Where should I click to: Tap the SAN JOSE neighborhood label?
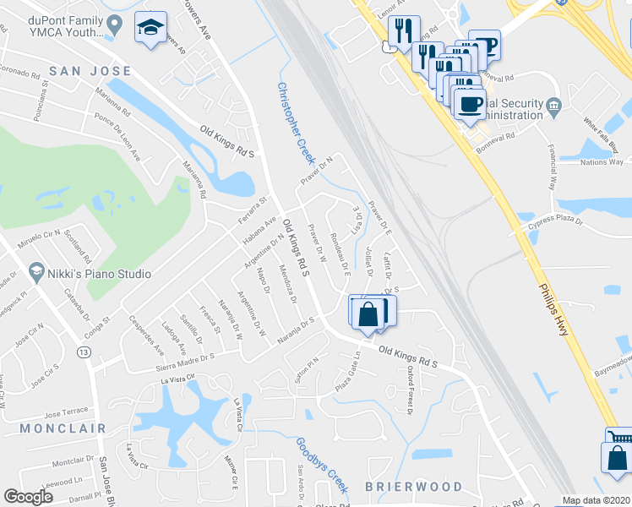90,72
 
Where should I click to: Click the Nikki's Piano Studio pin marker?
35,273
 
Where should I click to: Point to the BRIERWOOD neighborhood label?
414,488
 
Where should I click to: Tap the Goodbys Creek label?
322,466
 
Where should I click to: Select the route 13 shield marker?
84,352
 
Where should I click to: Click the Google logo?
28,497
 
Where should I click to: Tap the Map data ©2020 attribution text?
596,500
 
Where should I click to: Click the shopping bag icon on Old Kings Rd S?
368,313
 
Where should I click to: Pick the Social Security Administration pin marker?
554,106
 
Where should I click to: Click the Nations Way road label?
602,161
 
